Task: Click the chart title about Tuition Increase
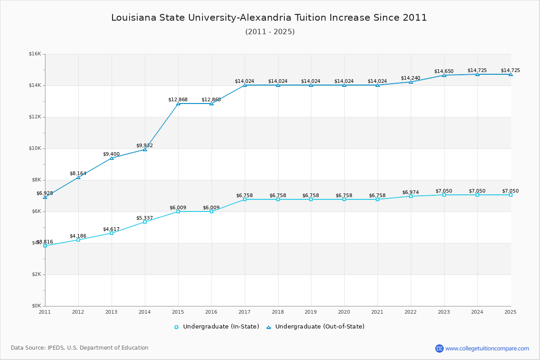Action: pos(269,18)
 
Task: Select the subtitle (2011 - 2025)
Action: pos(270,32)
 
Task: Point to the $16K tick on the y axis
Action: pos(35,54)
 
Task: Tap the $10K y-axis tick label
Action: pos(35,148)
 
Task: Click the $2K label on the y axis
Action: pos(36,274)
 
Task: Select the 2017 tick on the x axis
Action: pos(244,311)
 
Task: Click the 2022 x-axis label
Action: pos(411,311)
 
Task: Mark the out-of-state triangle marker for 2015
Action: pos(178,103)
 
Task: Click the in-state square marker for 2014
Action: pos(145,222)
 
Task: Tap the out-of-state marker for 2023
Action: pos(444,75)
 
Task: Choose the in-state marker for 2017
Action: pos(245,199)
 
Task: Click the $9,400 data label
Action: pos(111,154)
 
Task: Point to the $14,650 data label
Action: pos(444,72)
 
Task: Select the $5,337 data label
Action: pos(144,218)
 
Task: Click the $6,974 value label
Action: pos(410,192)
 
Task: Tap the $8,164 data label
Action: pos(78,174)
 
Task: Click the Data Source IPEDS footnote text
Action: pos(80,348)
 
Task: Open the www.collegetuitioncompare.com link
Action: pos(487,348)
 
